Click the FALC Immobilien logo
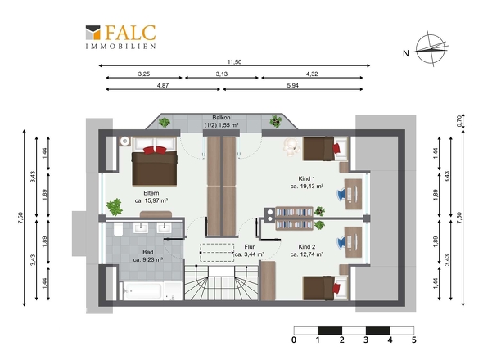pos(121,37)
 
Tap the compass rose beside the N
pos(431,48)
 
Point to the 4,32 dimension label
pos(312,74)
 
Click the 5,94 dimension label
pos(292,85)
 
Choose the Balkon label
pos(221,118)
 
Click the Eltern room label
pos(151,193)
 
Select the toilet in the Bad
pos(118,229)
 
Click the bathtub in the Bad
pos(142,291)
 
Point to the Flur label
pos(249,246)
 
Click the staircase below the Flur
pos(221,283)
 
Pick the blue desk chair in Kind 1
pos(342,195)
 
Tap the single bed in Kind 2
pos(325,288)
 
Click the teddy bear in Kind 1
pos(291,147)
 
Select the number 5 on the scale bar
pos(413,340)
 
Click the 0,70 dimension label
pos(459,121)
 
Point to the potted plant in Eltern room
pos(115,207)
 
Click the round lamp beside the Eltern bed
pos(124,141)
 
